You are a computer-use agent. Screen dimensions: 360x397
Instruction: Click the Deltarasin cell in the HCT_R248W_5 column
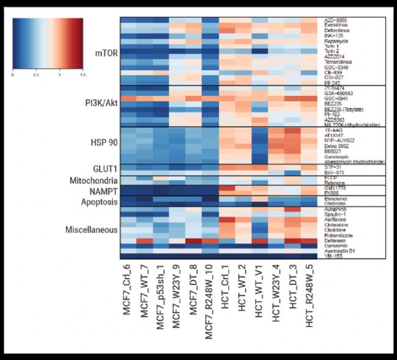click(308, 240)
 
